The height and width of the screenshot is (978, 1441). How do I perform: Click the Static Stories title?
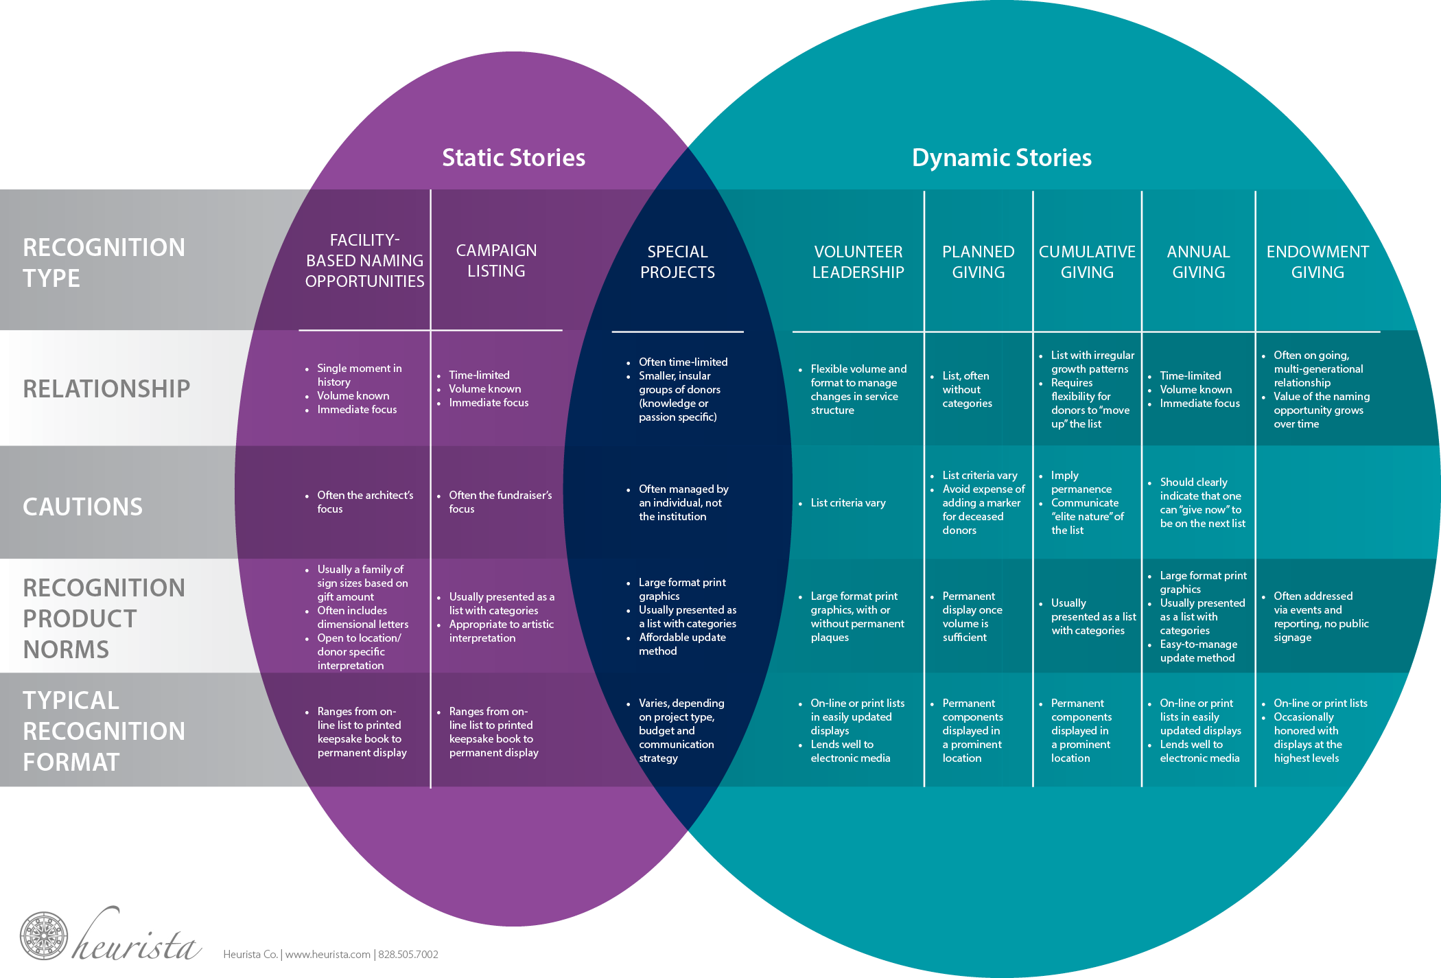(513, 158)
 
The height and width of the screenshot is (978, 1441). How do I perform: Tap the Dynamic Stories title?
(1001, 158)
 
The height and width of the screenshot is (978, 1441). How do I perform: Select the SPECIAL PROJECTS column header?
(677, 262)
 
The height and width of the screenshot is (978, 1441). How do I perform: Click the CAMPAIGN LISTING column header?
(496, 261)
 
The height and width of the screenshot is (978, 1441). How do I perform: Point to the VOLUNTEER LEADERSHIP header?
(858, 262)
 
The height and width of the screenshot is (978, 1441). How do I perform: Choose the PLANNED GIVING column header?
(978, 262)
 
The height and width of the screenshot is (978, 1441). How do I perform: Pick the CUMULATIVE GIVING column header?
(1087, 262)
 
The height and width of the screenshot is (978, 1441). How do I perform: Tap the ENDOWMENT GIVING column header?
(1317, 262)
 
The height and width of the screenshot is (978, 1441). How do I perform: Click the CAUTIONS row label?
(83, 507)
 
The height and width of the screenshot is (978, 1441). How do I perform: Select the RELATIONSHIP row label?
(106, 389)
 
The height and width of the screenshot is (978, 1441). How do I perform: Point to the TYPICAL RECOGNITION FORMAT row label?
(104, 731)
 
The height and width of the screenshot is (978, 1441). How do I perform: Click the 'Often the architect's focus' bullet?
(364, 502)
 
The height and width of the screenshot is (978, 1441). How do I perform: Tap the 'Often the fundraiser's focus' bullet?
(500, 502)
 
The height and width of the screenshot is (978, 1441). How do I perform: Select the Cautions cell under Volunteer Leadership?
(848, 503)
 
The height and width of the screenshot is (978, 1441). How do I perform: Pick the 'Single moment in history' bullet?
(359, 375)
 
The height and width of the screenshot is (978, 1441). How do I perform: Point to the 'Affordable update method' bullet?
(681, 644)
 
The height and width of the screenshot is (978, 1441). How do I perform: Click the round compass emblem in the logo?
(44, 935)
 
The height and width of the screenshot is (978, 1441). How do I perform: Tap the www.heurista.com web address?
(327, 955)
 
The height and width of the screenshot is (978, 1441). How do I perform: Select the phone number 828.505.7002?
(408, 955)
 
